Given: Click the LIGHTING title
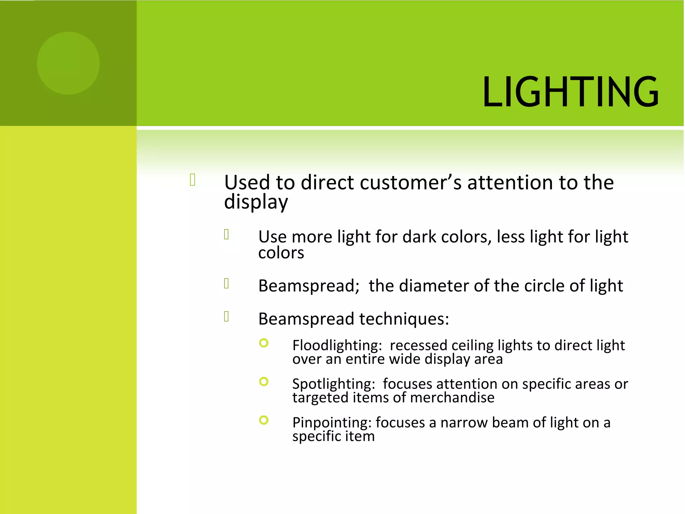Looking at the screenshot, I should (x=570, y=92).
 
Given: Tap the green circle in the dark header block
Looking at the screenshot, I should (x=68, y=63).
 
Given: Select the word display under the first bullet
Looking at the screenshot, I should (x=256, y=202).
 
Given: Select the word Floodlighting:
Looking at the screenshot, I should (x=337, y=346).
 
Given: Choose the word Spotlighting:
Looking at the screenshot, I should (x=333, y=384).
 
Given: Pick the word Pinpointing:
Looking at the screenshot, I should (x=332, y=423).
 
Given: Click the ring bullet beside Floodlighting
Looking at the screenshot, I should (x=264, y=343).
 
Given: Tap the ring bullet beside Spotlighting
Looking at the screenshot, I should (x=264, y=381).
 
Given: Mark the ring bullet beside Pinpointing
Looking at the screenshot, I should (x=264, y=420).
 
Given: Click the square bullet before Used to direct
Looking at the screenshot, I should (x=193, y=180).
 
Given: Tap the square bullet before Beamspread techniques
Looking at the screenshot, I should (x=226, y=316).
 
